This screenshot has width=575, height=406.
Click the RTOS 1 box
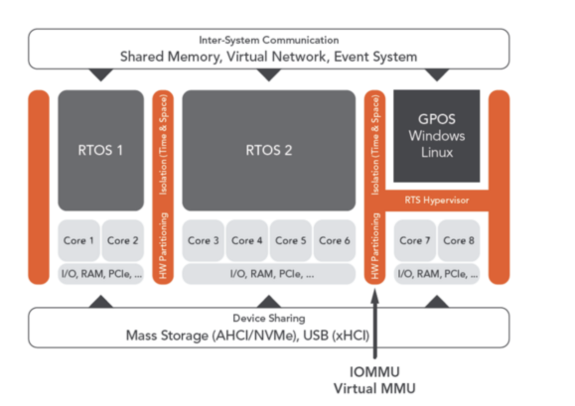click(101, 150)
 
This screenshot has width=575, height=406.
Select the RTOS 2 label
click(269, 150)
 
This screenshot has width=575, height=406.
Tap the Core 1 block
click(79, 241)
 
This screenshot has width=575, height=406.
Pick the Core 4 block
click(247, 241)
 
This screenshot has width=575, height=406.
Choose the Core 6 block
click(334, 241)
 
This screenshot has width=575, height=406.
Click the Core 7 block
click(415, 241)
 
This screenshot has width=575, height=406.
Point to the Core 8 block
click(459, 241)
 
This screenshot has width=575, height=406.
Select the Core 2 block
click(123, 241)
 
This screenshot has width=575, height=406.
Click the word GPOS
click(437, 119)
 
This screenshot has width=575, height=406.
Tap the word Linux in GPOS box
click(437, 152)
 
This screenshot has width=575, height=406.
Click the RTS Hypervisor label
click(437, 201)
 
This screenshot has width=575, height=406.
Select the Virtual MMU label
click(374, 388)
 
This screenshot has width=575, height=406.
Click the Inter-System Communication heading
click(269, 40)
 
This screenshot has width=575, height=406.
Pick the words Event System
click(375, 56)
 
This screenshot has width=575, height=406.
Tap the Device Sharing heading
click(269, 318)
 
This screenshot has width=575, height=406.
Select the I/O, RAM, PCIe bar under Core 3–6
click(269, 273)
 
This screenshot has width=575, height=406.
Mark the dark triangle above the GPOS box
click(437, 74)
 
